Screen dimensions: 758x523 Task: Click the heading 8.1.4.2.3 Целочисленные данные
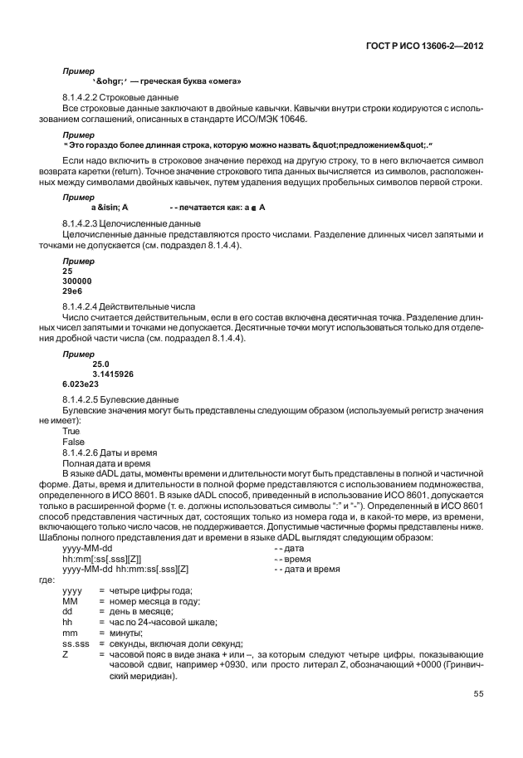point(120,224)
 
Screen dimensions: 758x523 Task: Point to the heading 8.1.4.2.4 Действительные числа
point(123,306)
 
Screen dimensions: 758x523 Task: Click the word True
point(73,431)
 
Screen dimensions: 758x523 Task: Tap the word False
point(74,442)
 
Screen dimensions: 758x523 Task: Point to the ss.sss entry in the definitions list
point(76,643)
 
